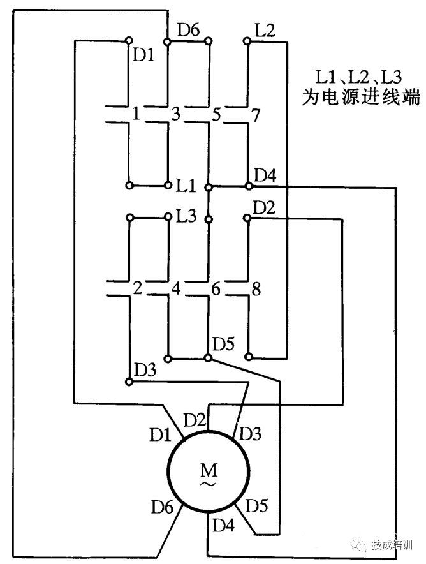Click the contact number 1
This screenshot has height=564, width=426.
[135, 114]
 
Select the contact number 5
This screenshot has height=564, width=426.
[216, 115]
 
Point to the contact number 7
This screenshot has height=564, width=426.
[256, 115]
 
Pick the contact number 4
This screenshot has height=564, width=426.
[176, 288]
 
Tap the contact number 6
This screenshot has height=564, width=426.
[216, 288]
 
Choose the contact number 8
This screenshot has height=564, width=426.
[256, 289]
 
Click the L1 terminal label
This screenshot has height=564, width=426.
[186, 186]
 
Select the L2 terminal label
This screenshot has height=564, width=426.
[264, 31]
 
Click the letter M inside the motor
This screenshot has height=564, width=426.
[208, 470]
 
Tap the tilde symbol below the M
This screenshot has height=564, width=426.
[208, 485]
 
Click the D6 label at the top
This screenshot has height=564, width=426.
[189, 29]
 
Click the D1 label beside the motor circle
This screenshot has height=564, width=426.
[160, 436]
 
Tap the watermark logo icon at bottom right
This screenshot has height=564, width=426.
[363, 545]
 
